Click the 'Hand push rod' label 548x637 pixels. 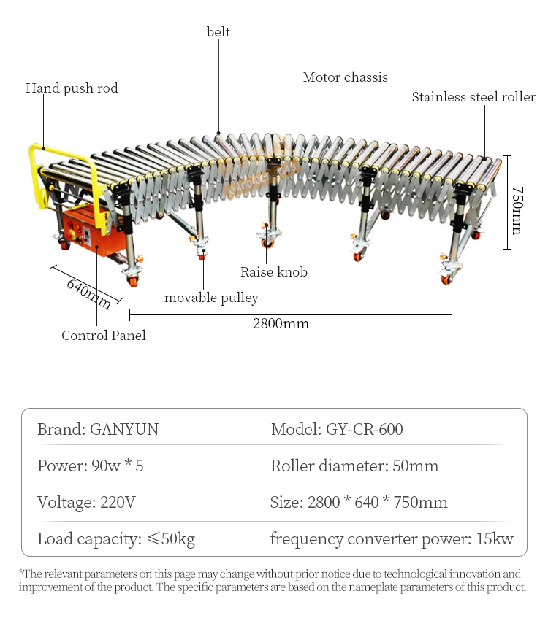72,88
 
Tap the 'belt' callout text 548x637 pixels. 218,31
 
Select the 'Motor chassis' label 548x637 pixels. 345,77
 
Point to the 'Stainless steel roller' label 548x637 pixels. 473,97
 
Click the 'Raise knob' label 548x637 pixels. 274,272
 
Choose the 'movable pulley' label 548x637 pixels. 211,298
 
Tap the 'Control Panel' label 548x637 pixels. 103,336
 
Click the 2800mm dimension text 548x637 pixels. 281,323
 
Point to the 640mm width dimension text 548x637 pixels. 88,293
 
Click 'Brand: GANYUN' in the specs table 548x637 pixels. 98,429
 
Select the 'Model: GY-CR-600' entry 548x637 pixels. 337,429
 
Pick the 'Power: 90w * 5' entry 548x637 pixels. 91,466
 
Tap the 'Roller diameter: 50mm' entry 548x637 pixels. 354,466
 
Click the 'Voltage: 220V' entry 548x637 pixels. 86,502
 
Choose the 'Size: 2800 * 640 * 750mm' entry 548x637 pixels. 359,502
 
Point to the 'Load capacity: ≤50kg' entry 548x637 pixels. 116,539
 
